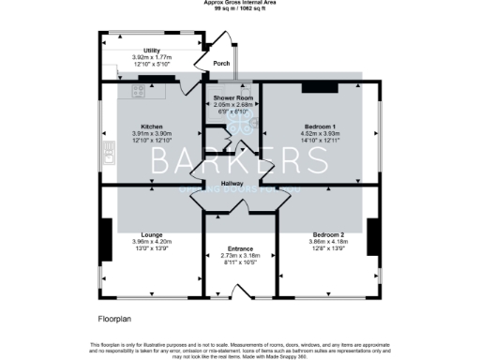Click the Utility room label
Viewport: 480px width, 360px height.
click(152, 50)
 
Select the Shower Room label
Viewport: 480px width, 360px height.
click(232, 97)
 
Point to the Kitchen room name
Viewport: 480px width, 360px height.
click(153, 126)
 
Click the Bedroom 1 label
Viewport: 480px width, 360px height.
click(321, 126)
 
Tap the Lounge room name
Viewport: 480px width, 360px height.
click(152, 234)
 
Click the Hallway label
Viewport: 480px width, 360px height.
click(232, 184)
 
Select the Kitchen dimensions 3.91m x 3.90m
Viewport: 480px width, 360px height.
click(153, 133)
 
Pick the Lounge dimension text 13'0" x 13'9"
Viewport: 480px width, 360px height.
click(152, 248)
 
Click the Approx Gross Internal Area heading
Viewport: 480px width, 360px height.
click(240, 4)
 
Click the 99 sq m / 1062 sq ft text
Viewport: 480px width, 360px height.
click(240, 10)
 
